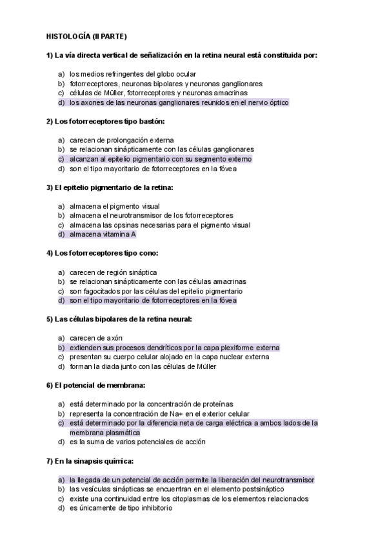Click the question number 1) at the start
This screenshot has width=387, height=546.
click(50, 55)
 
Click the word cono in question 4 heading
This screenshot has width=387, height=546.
click(146, 253)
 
